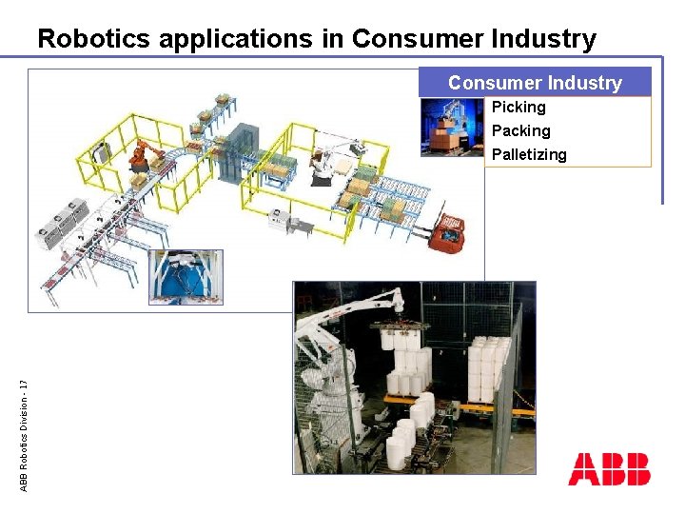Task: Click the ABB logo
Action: pyautogui.click(x=609, y=469)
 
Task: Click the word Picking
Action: pyautogui.click(x=519, y=108)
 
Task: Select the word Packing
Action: pyautogui.click(x=520, y=130)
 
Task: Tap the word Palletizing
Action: pyautogui.click(x=528, y=154)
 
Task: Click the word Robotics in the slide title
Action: pyautogui.click(x=94, y=39)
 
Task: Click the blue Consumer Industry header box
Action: pyautogui.click(x=535, y=83)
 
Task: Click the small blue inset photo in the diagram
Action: pyautogui.click(x=186, y=277)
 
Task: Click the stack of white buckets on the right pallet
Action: pyautogui.click(x=491, y=366)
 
